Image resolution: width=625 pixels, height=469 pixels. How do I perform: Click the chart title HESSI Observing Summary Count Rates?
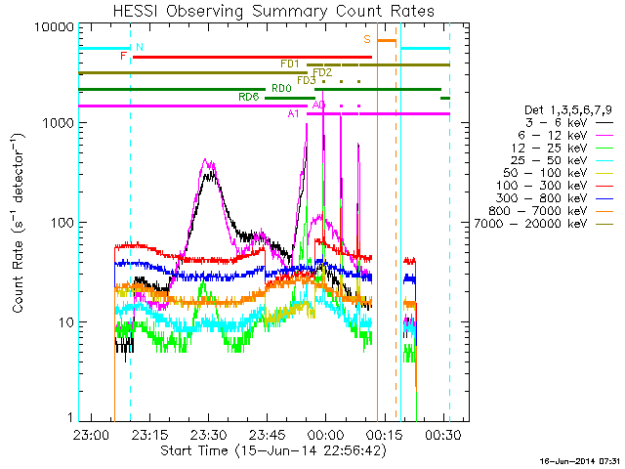coord(273,11)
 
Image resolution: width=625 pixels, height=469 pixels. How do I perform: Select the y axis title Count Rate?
coord(19,224)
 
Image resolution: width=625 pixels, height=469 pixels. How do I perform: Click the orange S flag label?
coord(367,39)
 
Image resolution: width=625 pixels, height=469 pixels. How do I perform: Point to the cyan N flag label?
coord(140,47)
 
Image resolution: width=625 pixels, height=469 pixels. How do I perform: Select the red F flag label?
coord(123,57)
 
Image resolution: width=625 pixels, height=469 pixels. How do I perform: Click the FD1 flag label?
coord(289,64)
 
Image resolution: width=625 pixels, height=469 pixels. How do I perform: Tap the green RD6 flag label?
coord(249,97)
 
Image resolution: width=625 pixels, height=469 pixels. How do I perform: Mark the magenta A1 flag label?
coord(293,114)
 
